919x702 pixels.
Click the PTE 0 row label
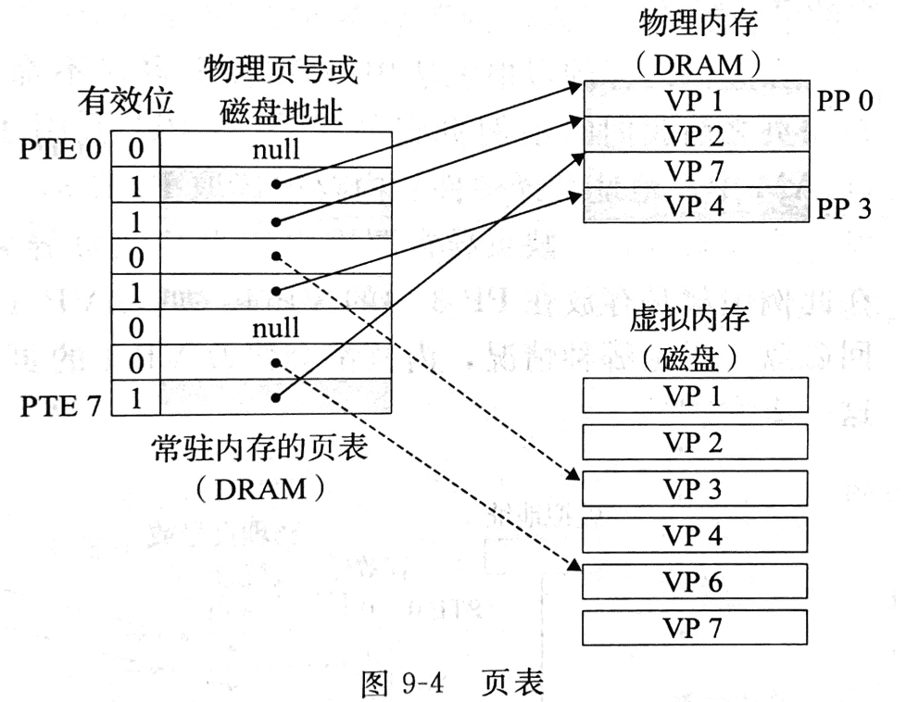click(60, 149)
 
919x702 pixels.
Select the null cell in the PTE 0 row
click(276, 147)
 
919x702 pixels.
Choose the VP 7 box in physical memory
click(694, 171)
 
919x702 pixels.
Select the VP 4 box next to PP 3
click(694, 206)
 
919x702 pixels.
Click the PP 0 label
click(845, 100)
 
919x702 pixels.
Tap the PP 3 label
click(845, 207)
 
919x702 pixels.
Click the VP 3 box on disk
click(694, 488)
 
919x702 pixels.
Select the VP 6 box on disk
click(694, 582)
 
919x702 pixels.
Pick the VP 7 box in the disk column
click(694, 628)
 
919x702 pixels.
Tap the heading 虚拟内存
click(694, 320)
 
